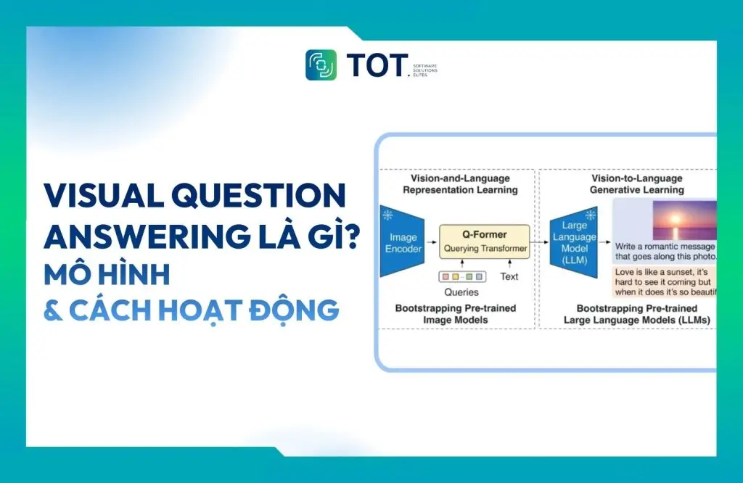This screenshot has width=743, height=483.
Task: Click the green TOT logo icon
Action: (x=321, y=65)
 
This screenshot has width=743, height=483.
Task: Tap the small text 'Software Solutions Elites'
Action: (x=424, y=70)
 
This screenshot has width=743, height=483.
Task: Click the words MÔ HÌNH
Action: (x=107, y=274)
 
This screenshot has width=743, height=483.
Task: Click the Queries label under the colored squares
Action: (x=461, y=292)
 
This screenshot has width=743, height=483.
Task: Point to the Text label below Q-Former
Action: (x=509, y=276)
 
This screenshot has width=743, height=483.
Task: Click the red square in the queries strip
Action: (x=445, y=276)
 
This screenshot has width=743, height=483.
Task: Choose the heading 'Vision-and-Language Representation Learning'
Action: (x=461, y=184)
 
